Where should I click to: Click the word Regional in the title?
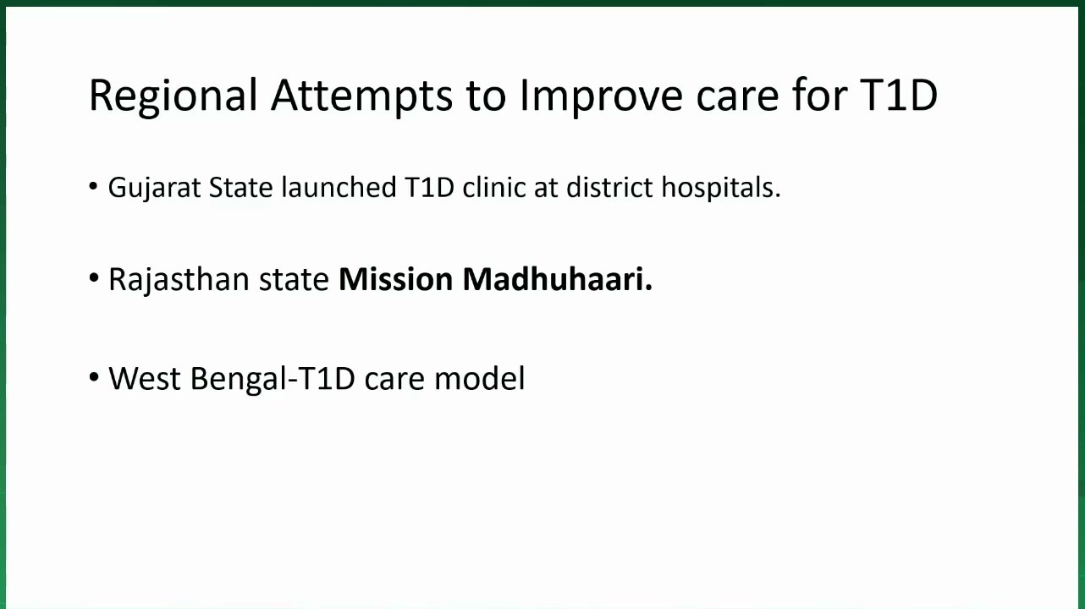click(173, 96)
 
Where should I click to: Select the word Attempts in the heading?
click(362, 96)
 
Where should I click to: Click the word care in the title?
click(738, 99)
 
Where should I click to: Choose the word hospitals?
click(721, 188)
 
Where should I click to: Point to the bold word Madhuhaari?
click(558, 279)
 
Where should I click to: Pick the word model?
click(480, 378)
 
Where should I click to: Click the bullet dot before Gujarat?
click(93, 186)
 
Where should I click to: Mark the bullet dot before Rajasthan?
click(94, 278)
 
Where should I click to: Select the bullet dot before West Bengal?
click(94, 376)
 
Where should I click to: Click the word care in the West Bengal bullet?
click(394, 381)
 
